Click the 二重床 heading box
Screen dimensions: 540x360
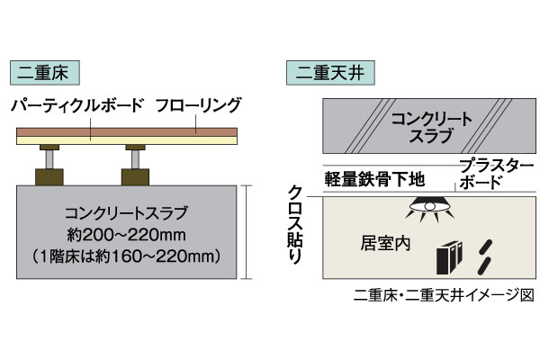pyautogui.click(x=45, y=73)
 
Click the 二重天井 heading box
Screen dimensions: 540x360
pyautogui.click(x=330, y=73)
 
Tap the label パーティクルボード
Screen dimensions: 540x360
pyautogui.click(x=76, y=105)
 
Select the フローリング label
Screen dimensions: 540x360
pyautogui.click(x=198, y=105)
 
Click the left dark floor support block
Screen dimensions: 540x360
pyautogui.click(x=49, y=177)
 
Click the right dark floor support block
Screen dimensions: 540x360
pyautogui.click(x=135, y=177)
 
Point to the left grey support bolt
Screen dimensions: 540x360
pyautogui.click(x=49, y=159)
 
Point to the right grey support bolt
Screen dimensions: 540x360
pyautogui.click(x=135, y=159)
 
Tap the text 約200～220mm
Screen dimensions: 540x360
pyautogui.click(x=126, y=235)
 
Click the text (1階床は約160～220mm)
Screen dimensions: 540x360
pyautogui.click(x=126, y=256)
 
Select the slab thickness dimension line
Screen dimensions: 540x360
pyautogui.click(x=246, y=232)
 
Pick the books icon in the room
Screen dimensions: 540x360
pyautogui.click(x=449, y=257)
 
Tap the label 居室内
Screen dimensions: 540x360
pyautogui.click(x=385, y=244)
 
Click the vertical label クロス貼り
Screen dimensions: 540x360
pyautogui.click(x=295, y=225)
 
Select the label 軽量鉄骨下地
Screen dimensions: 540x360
pyautogui.click(x=374, y=179)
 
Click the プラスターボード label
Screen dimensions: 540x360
pyautogui.click(x=496, y=175)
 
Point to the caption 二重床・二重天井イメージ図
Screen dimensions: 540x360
pyautogui.click(x=444, y=296)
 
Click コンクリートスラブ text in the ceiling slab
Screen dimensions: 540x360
pyautogui.click(x=431, y=127)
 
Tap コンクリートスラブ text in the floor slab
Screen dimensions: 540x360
pyautogui.click(x=126, y=213)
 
